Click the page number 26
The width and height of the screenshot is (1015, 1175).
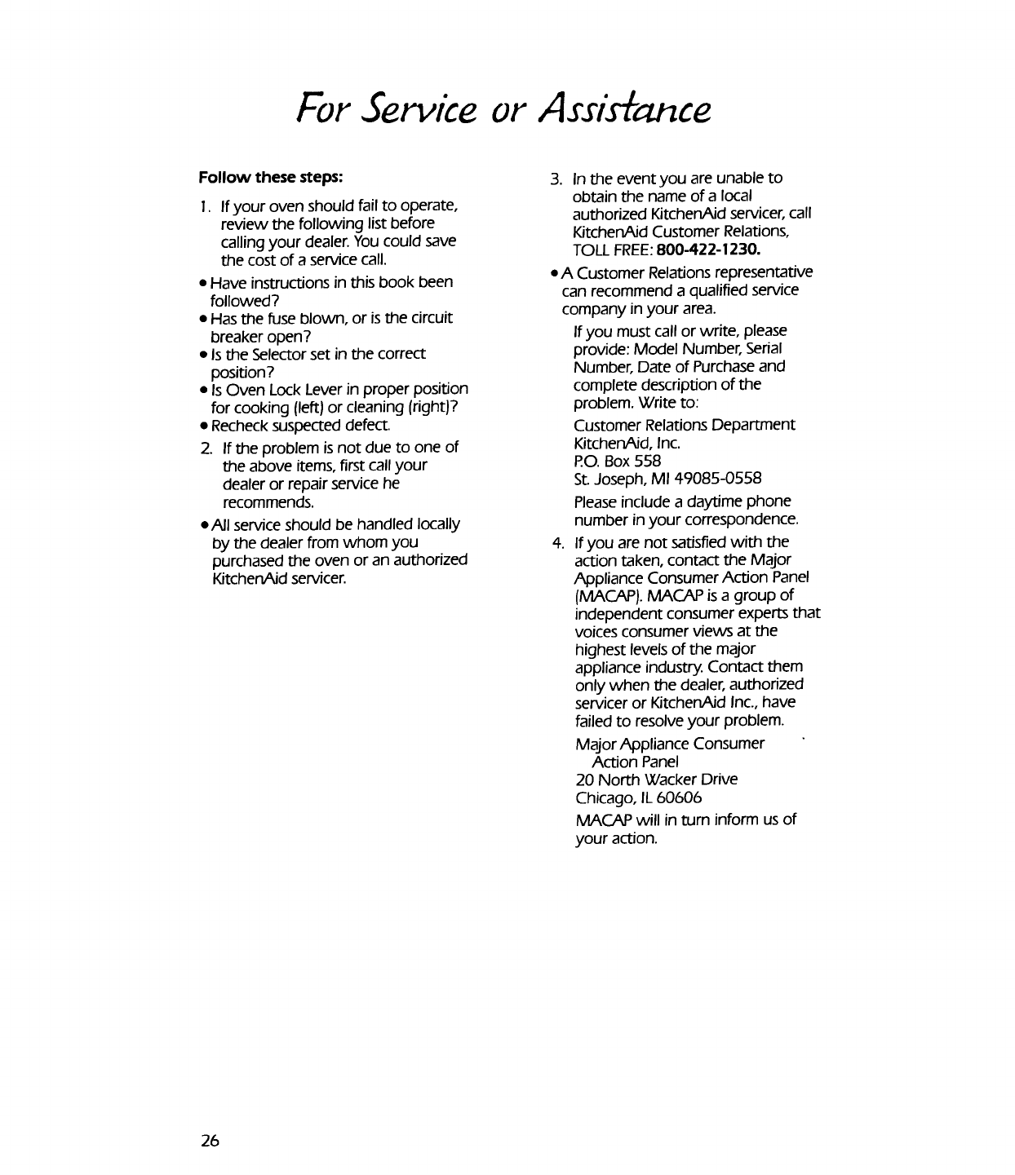point(211,1141)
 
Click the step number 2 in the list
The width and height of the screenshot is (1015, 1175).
point(205,448)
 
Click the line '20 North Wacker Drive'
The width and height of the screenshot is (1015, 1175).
point(656,780)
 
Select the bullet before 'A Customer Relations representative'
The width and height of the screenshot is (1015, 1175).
point(555,272)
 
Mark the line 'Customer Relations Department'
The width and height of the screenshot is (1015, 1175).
point(684,426)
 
